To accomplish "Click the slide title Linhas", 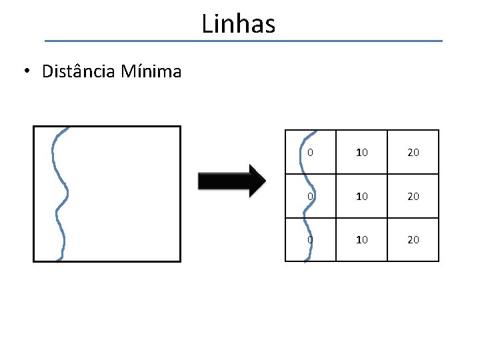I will click(x=238, y=24).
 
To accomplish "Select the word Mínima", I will click(x=151, y=71).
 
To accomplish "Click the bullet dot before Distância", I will click(x=25, y=72).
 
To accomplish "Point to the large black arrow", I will click(x=230, y=181).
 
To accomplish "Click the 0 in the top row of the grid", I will click(x=311, y=153).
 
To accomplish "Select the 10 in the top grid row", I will click(x=362, y=153).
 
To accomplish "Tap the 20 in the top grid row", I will click(x=413, y=153).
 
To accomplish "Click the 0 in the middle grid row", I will click(x=309, y=197).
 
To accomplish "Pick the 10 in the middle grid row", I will click(x=362, y=197).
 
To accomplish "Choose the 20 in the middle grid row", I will click(x=413, y=197).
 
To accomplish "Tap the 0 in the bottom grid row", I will click(x=309, y=239).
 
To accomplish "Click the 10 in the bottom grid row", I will click(x=362, y=239).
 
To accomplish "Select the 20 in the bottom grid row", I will click(x=413, y=239).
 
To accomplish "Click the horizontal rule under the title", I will click(x=243, y=41).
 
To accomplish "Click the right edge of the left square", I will click(x=180, y=193).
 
